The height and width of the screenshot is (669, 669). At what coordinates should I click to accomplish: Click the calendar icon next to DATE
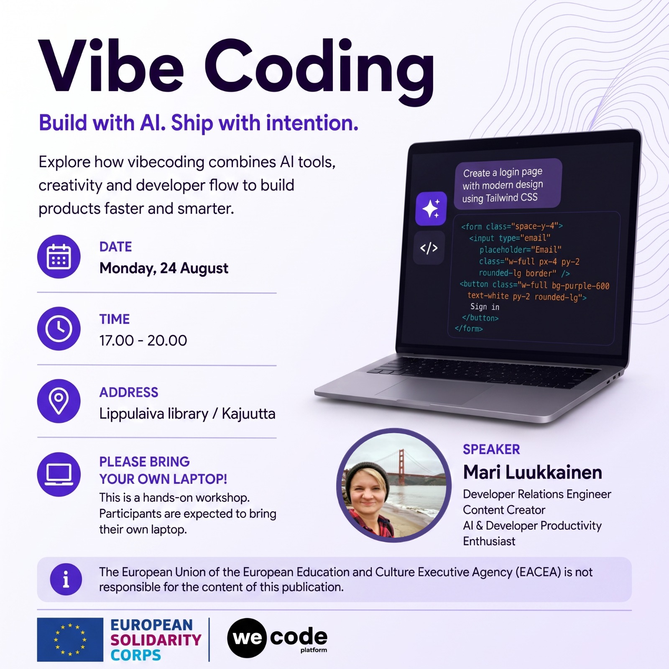pyautogui.click(x=59, y=256)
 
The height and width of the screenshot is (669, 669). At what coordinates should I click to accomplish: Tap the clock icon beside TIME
pyautogui.click(x=59, y=329)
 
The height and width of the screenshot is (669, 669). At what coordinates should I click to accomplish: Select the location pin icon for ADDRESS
pyautogui.click(x=59, y=401)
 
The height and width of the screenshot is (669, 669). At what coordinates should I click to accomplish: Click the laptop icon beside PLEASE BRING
pyautogui.click(x=59, y=474)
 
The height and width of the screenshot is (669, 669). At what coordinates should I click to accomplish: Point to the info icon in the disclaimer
pyautogui.click(x=66, y=580)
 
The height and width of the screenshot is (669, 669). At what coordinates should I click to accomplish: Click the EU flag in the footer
pyautogui.click(x=70, y=639)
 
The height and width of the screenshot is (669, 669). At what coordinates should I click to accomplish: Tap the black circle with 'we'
pyautogui.click(x=247, y=638)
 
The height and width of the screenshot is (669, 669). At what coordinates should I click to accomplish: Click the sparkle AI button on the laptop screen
pyautogui.click(x=431, y=208)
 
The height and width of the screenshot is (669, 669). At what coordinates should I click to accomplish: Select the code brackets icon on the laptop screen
pyautogui.click(x=429, y=248)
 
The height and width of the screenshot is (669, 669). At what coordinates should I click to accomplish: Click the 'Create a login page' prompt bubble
pyautogui.click(x=508, y=184)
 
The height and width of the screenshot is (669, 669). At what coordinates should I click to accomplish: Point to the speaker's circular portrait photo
pyautogui.click(x=394, y=485)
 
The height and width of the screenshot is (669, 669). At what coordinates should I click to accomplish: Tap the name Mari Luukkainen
pyautogui.click(x=533, y=472)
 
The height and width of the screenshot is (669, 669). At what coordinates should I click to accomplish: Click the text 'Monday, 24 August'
pyautogui.click(x=164, y=268)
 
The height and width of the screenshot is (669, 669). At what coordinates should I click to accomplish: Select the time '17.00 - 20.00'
pyautogui.click(x=143, y=340)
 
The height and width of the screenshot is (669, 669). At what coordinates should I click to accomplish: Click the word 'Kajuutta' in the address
pyautogui.click(x=248, y=414)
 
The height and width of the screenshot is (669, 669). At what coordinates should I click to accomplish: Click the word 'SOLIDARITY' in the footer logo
pyautogui.click(x=156, y=640)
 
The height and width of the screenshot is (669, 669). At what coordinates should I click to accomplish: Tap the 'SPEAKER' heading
pyautogui.click(x=491, y=449)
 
